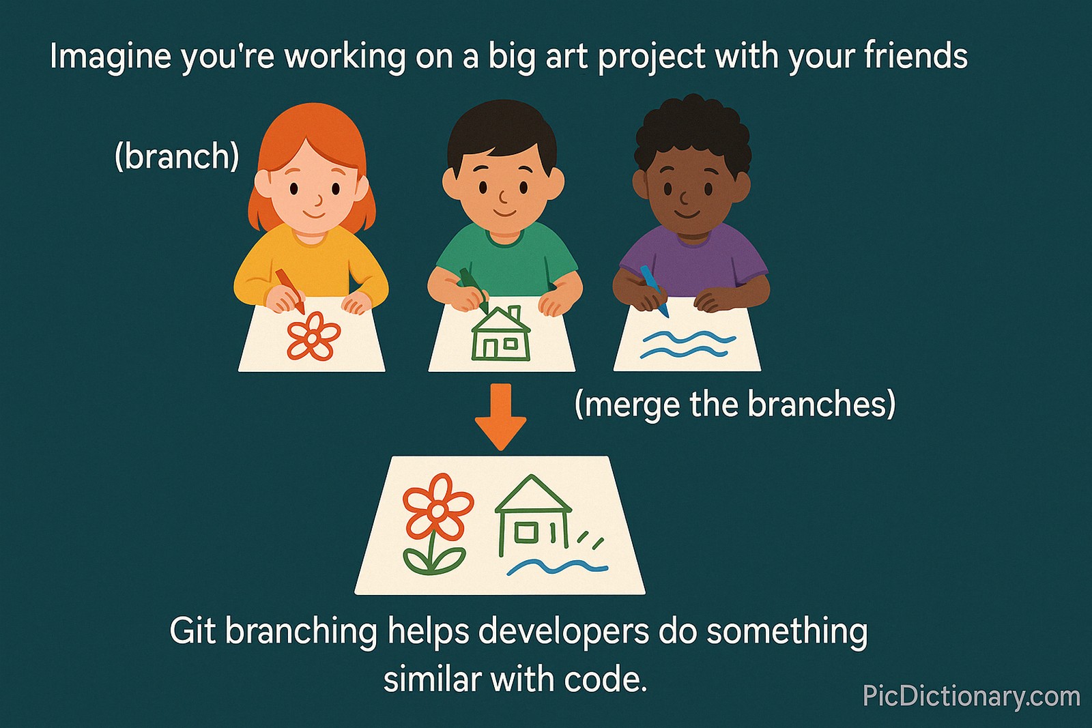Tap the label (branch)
coord(177,156)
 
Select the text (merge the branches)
coord(734,404)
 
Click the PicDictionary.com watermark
coord(971,697)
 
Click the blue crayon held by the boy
coord(654,291)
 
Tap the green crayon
coord(474,290)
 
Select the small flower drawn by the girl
coord(313,336)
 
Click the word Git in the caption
coord(193,631)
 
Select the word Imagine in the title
coord(110,56)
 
